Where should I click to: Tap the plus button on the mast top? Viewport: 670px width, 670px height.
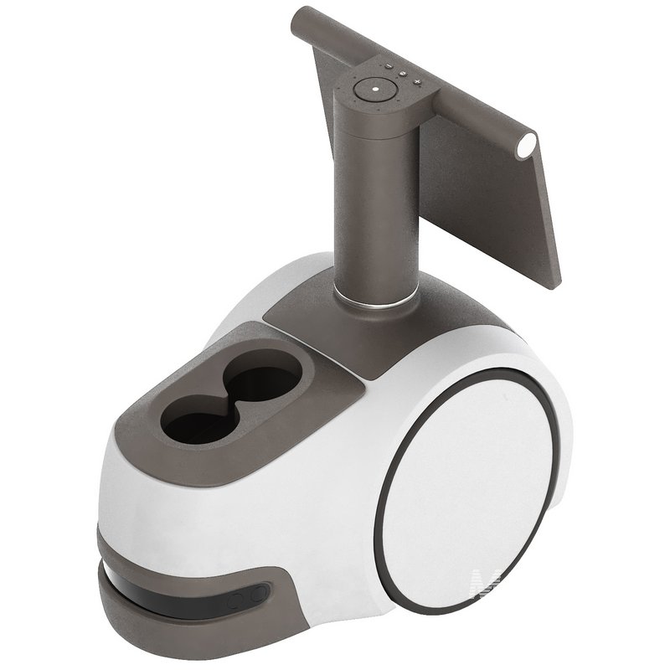(417, 81)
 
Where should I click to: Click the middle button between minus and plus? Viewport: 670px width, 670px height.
(402, 74)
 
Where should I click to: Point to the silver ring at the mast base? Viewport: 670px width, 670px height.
(375, 296)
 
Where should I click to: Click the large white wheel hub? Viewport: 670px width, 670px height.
(469, 486)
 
